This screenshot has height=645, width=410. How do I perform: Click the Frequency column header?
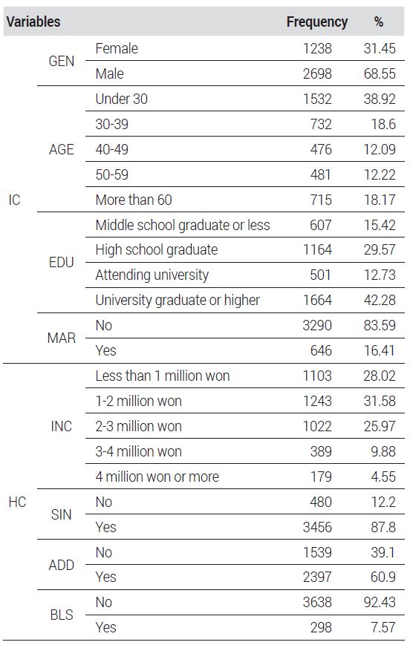tap(317, 22)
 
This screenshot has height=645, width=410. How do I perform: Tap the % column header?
tap(379, 22)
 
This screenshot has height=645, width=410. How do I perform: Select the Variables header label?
tap(33, 22)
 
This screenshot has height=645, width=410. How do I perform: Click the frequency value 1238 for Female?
tap(317, 48)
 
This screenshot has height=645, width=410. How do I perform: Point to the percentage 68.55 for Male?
tap(380, 73)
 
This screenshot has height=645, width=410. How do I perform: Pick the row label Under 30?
tap(121, 99)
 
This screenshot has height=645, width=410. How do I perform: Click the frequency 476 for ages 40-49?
tap(321, 149)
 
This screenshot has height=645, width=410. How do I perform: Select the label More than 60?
tap(134, 200)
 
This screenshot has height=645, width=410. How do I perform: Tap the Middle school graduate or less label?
tap(183, 225)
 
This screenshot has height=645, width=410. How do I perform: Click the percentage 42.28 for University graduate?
tap(380, 300)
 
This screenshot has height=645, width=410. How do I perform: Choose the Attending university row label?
tap(152, 275)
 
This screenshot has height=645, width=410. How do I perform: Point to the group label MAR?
tap(62, 338)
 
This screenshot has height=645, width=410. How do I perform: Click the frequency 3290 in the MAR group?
tap(317, 325)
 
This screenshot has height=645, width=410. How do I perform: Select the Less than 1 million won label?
tap(162, 376)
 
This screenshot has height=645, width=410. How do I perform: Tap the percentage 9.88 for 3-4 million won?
tap(383, 451)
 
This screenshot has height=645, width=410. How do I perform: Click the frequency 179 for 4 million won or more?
tap(321, 477)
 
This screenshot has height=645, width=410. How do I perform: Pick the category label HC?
tap(17, 502)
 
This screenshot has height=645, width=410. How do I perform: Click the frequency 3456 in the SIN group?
tap(317, 527)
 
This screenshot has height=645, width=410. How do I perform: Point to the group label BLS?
tap(62, 615)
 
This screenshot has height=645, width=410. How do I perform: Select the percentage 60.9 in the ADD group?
tap(383, 577)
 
